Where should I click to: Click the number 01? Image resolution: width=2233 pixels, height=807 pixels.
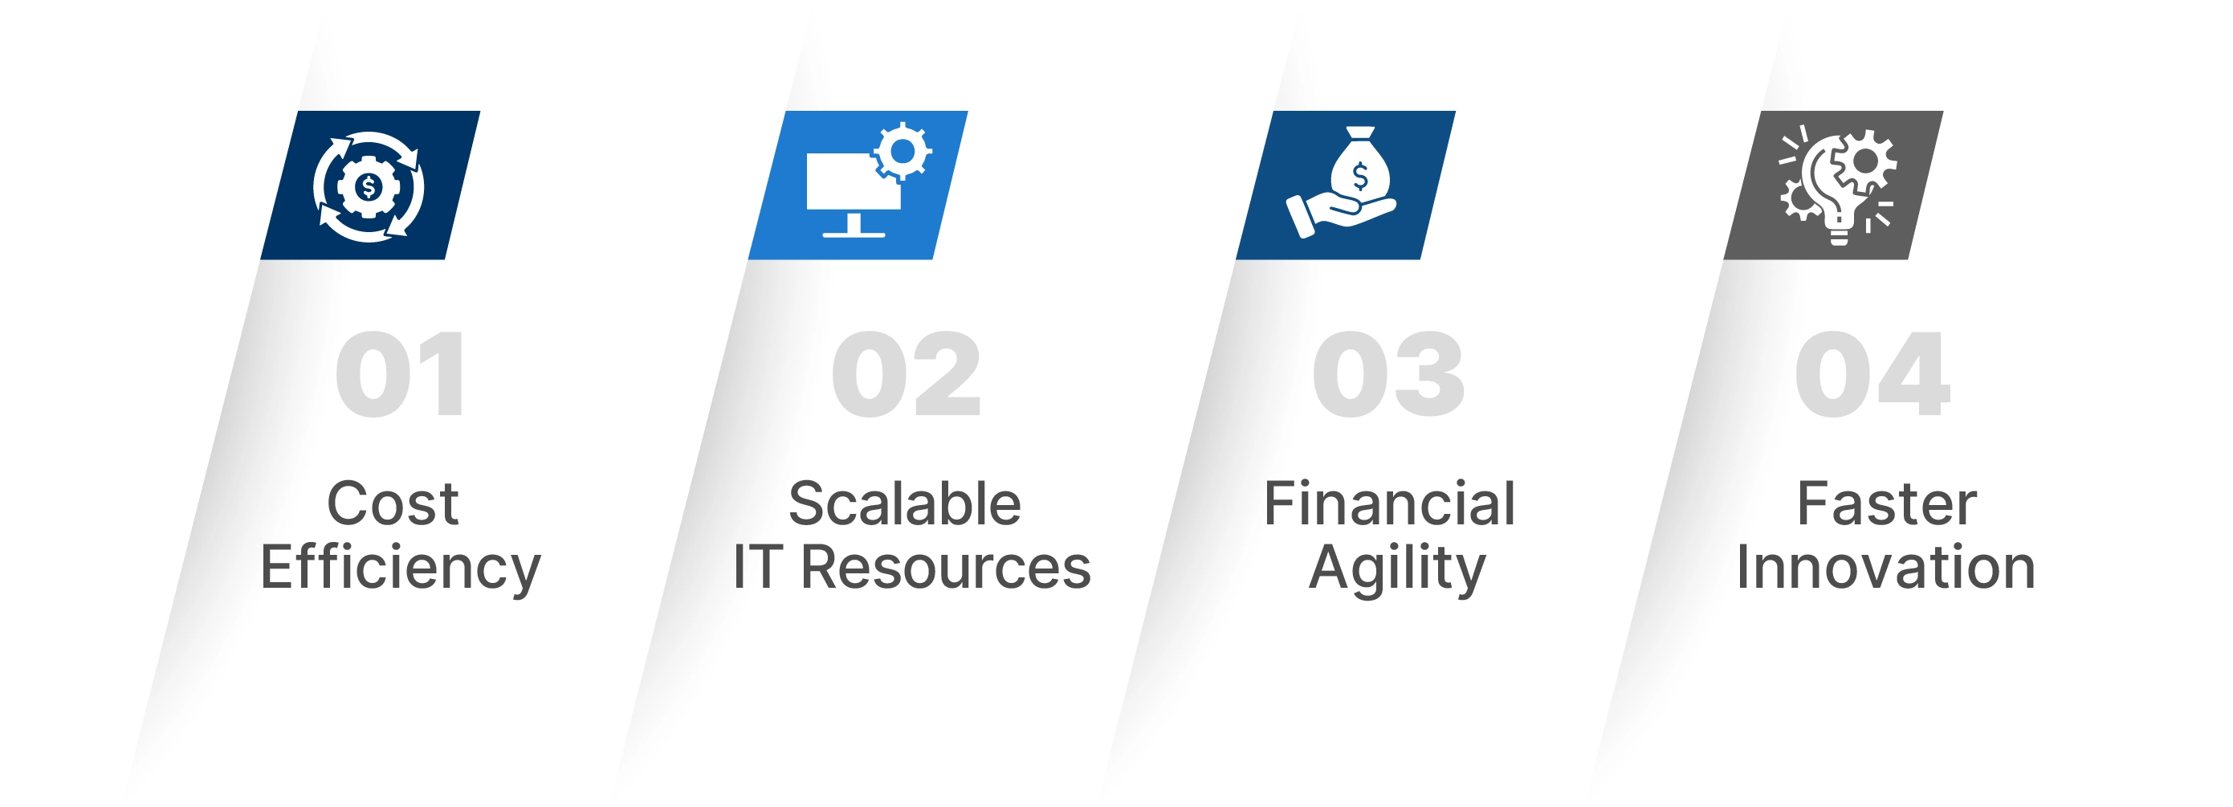click(401, 374)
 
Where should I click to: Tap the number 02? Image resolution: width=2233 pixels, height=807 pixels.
click(906, 374)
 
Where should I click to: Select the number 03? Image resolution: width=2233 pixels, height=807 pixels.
click(1388, 374)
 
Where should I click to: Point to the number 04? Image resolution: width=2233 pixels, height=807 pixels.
click(1872, 374)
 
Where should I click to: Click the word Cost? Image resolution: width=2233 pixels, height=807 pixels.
click(393, 503)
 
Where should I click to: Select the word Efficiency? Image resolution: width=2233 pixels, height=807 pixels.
click(401, 569)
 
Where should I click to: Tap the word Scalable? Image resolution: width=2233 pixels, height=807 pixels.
click(905, 503)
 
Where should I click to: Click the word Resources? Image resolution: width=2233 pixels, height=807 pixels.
click(945, 568)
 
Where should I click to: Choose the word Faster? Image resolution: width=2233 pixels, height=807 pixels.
click(1887, 503)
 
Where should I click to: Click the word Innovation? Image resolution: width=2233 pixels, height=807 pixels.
click(1886, 568)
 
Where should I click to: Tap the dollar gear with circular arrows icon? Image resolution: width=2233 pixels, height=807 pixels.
click(369, 186)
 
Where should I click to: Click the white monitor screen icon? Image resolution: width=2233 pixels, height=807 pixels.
click(853, 181)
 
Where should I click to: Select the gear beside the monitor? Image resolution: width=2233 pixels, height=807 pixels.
click(903, 152)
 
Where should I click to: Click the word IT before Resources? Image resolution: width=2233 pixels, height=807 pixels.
click(758, 568)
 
